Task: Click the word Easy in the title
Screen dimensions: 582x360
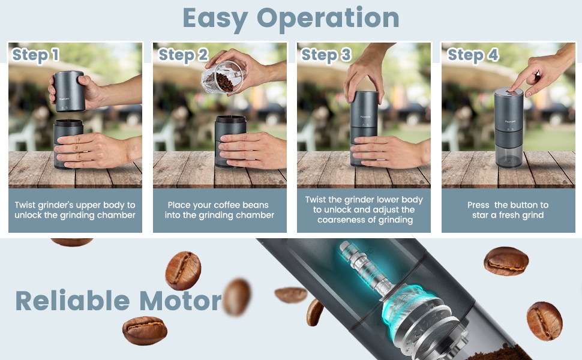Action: tap(215, 19)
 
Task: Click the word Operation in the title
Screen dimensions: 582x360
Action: tap(328, 19)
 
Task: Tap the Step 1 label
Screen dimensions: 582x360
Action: tap(35, 55)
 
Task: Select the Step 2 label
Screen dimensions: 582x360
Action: tap(183, 55)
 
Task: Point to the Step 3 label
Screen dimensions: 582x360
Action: tap(326, 55)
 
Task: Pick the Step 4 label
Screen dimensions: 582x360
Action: tap(473, 55)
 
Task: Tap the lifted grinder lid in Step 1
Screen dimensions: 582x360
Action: tap(69, 91)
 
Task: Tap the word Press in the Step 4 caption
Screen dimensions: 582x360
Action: tap(478, 205)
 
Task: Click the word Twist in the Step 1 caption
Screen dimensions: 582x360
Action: tap(25, 205)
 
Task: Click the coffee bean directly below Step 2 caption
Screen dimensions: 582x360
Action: tap(183, 271)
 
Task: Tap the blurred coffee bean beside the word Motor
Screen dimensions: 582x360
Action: tap(237, 297)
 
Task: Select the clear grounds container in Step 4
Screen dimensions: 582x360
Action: tap(509, 155)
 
